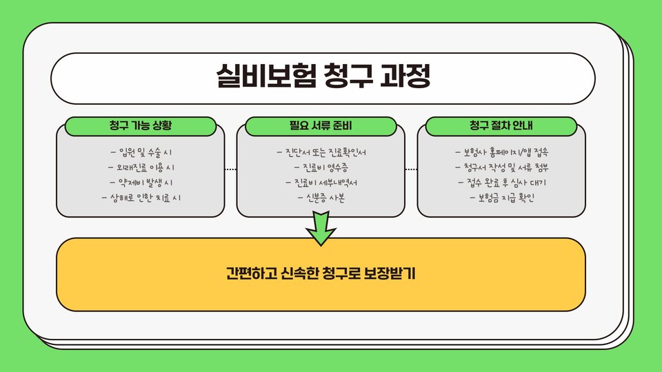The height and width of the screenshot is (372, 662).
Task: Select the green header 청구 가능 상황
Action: [x=141, y=126]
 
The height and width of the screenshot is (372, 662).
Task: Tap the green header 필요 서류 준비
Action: [x=321, y=126]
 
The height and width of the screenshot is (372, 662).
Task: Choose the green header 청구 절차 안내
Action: [x=501, y=126]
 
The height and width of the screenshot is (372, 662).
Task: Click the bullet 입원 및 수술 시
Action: [x=141, y=152]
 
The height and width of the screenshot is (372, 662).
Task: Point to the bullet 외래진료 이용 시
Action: [x=141, y=167]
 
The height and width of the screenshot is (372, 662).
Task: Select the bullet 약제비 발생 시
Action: [x=141, y=183]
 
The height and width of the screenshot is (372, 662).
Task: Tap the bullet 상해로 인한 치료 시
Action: [x=141, y=198]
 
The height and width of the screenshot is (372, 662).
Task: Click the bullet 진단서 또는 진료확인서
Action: [x=321, y=152]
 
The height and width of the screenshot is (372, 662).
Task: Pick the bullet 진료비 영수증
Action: [x=321, y=167]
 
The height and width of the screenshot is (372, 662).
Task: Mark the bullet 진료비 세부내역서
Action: [x=321, y=183]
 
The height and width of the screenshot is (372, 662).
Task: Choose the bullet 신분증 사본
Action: [x=321, y=198]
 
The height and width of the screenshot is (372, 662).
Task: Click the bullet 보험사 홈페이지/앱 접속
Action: [x=501, y=152]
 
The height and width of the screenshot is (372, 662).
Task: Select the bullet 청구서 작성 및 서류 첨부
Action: [x=501, y=167]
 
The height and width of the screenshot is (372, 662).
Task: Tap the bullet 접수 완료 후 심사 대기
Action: [x=501, y=183]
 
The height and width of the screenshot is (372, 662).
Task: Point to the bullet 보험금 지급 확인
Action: [x=501, y=198]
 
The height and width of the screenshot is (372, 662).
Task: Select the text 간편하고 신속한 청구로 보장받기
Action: [x=321, y=273]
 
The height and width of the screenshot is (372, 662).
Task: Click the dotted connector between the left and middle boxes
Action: [x=231, y=169]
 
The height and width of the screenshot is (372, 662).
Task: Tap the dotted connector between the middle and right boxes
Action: [x=411, y=169]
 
